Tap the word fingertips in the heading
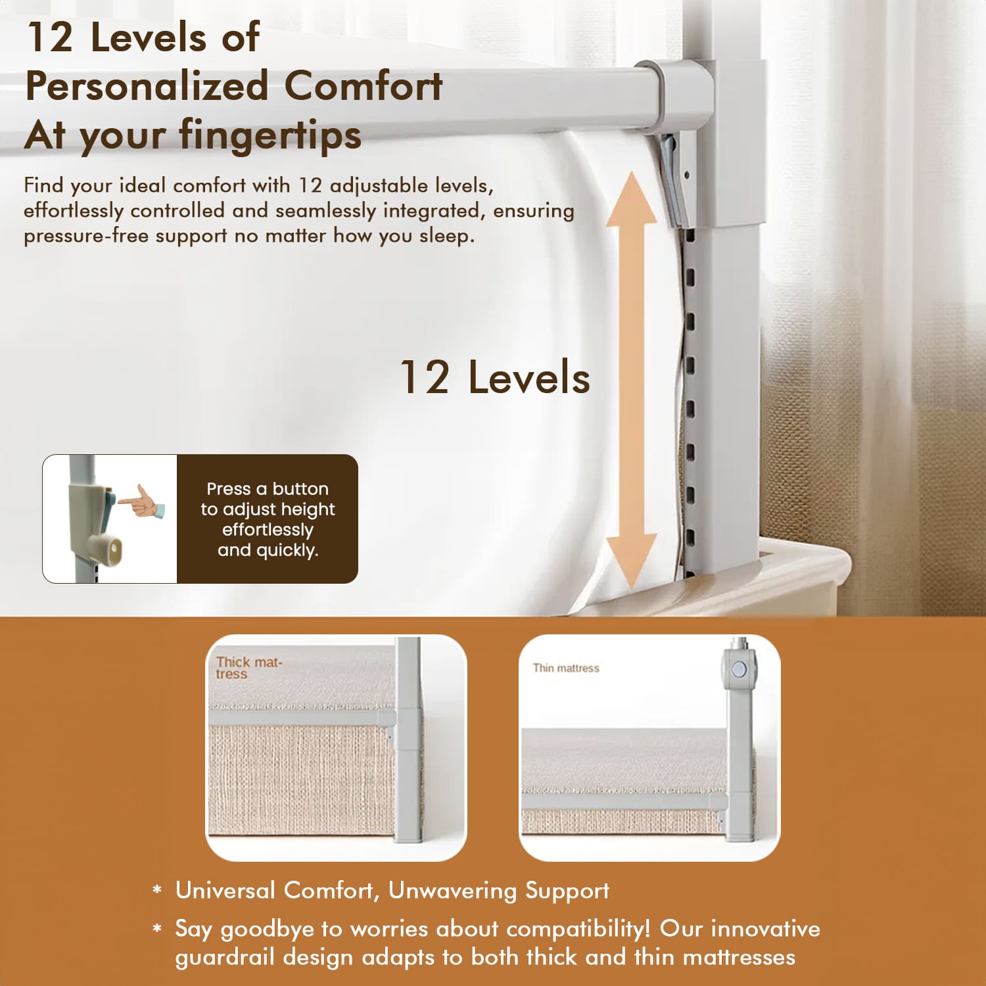(x=270, y=135)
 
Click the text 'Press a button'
(x=268, y=488)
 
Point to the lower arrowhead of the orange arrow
(x=631, y=562)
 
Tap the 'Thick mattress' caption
(x=248, y=668)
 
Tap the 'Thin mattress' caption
(x=566, y=668)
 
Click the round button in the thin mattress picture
(x=739, y=670)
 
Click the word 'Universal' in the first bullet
(x=225, y=890)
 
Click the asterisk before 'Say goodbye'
(x=157, y=929)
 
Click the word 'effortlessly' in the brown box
(x=268, y=530)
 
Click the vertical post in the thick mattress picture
(x=408, y=739)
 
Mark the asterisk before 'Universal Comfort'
(x=157, y=891)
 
